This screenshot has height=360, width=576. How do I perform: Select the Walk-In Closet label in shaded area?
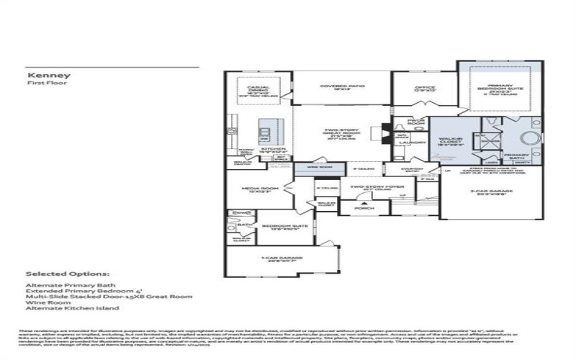pos(456,142)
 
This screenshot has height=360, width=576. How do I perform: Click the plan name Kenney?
pos(40,75)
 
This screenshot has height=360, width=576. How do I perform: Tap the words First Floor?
pos(41,84)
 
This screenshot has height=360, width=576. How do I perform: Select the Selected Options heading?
pos(68,274)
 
